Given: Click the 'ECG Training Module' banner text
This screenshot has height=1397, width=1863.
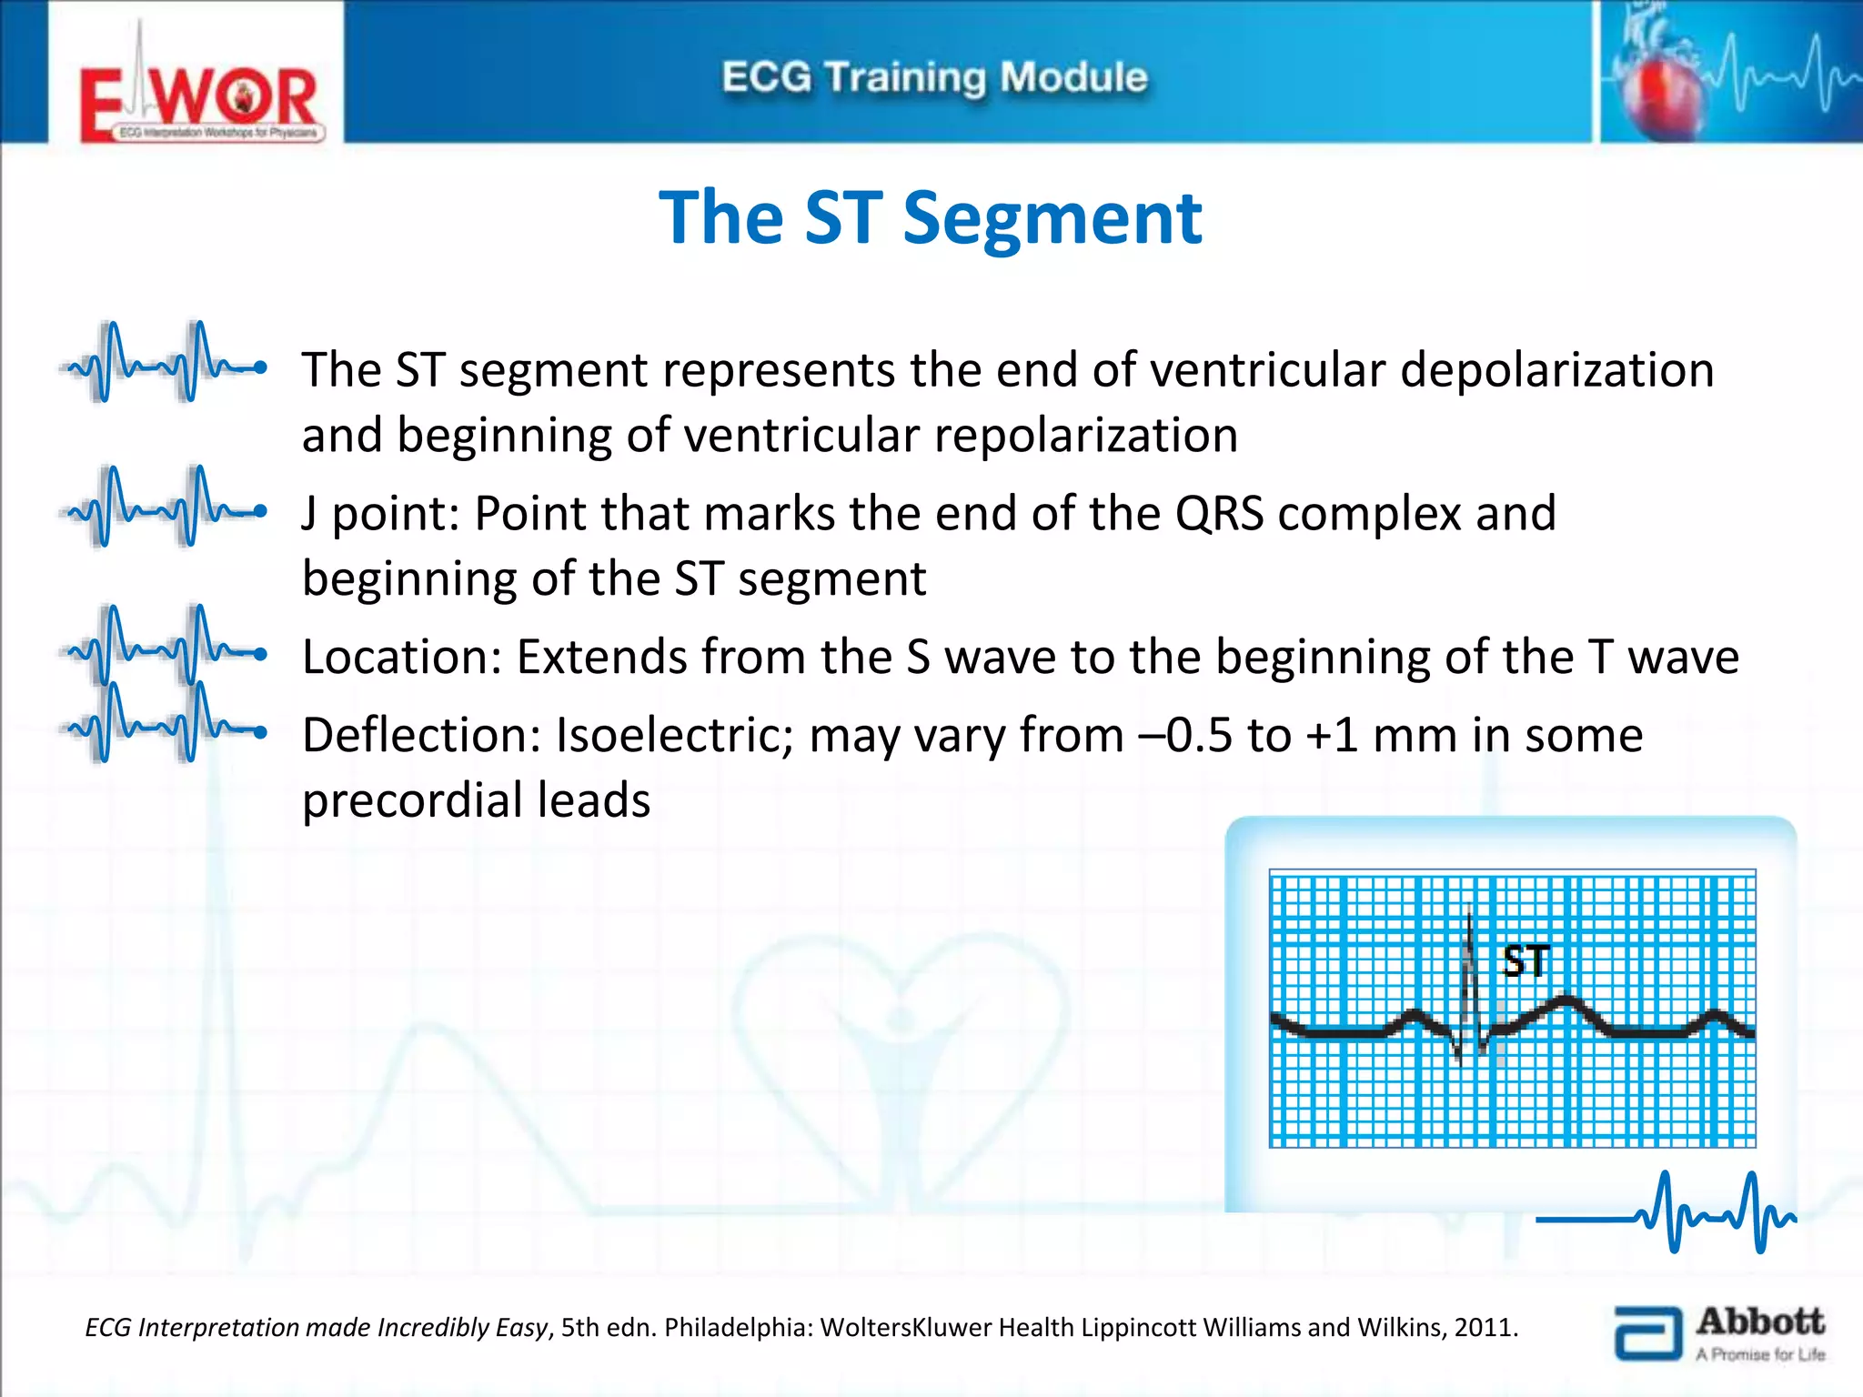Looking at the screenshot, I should tap(934, 77).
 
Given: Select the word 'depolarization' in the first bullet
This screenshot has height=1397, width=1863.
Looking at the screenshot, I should tap(1556, 370).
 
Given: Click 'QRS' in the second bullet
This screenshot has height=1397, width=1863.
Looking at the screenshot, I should tap(1219, 514).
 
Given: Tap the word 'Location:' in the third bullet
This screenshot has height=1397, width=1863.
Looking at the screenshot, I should tap(402, 657).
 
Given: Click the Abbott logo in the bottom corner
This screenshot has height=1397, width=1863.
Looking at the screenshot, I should tap(1719, 1333).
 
